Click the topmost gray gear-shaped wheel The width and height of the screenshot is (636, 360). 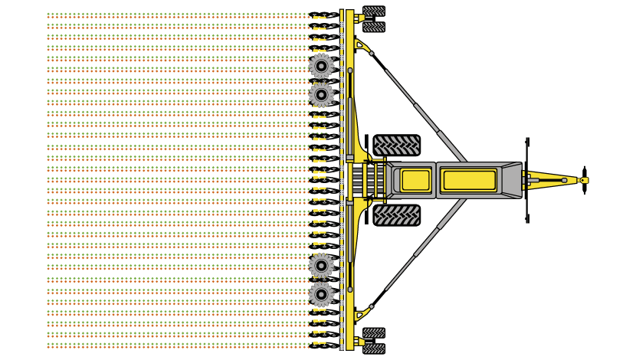321,66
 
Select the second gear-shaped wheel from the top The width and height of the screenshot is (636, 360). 321,95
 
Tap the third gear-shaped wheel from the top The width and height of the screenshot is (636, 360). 321,265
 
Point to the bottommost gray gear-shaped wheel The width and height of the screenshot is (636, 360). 321,293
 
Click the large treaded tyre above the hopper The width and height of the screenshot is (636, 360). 396,146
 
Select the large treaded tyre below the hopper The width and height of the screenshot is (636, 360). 396,214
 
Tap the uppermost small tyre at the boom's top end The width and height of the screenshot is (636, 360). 374,11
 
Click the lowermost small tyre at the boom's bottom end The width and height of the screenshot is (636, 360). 374,349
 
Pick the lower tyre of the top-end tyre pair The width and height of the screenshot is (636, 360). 374,27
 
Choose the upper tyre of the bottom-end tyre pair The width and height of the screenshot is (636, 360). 374,333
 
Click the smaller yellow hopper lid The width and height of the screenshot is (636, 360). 415,180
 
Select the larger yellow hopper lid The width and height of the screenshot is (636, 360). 469,181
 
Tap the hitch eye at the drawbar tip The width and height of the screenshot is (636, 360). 584,181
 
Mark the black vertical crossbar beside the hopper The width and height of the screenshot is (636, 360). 527,181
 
